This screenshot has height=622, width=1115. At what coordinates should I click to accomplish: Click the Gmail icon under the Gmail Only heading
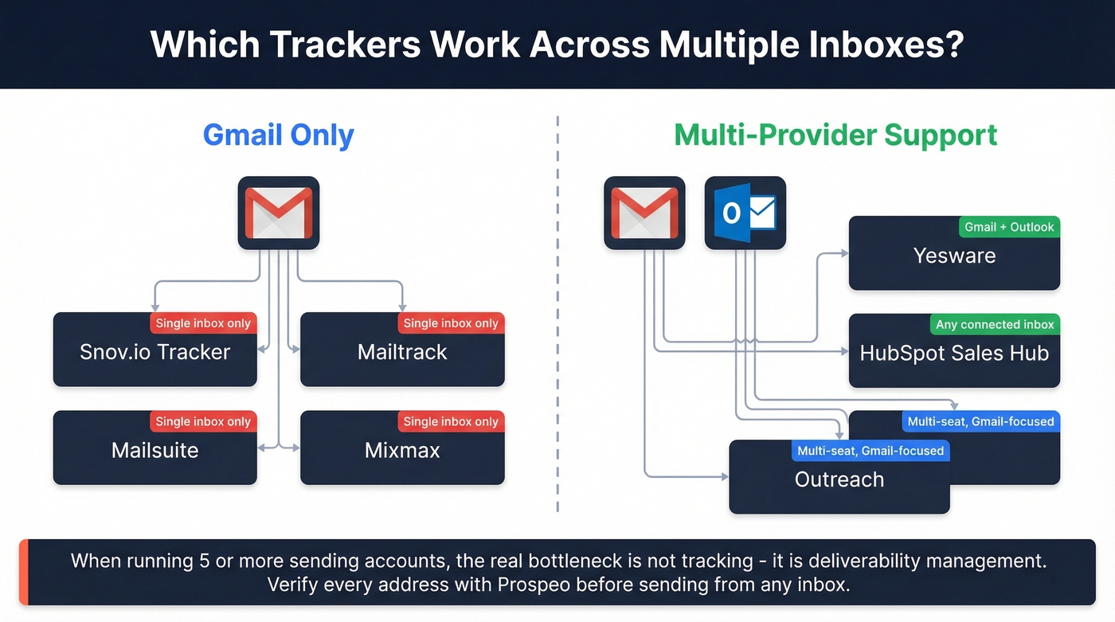tap(278, 213)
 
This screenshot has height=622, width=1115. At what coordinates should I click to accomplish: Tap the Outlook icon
tap(745, 213)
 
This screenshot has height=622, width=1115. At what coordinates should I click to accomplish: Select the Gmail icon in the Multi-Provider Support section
tap(644, 213)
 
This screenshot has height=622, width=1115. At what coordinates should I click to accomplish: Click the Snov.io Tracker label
tap(155, 352)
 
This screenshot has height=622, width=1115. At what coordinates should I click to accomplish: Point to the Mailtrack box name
tap(402, 352)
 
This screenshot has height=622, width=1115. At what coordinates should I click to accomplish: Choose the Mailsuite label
tap(155, 450)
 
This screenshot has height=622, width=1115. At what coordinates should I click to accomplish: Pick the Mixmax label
tap(402, 450)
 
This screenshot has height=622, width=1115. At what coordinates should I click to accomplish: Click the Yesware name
tap(954, 256)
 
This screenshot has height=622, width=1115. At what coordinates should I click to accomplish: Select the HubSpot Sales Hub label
tap(954, 354)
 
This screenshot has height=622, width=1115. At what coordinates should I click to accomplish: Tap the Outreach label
tap(839, 479)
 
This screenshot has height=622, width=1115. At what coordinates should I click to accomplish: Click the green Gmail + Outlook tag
tap(1009, 227)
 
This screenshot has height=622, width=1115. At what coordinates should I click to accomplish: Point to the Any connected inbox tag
tap(995, 325)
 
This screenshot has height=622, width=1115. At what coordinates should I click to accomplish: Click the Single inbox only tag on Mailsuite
tap(203, 422)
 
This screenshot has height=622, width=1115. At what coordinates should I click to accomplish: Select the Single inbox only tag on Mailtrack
tap(451, 323)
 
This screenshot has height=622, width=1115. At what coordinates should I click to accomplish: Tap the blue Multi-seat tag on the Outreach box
tap(870, 451)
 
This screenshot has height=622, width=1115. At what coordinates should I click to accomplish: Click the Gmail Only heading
tap(279, 135)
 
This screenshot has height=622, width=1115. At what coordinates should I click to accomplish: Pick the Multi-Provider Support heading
tap(835, 135)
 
